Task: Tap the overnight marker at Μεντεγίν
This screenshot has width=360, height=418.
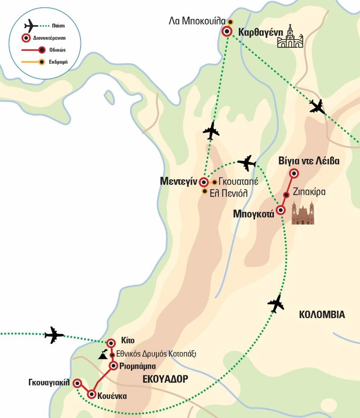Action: pos(204,182)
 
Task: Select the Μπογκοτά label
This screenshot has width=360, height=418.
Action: pos(254,214)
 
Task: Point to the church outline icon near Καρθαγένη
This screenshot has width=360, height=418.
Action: pos(290,37)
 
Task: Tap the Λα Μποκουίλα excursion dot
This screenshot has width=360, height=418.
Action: pos(230,22)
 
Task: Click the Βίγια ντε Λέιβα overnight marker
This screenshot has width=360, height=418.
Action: pos(294,173)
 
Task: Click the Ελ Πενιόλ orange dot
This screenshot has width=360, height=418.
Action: pos(205,191)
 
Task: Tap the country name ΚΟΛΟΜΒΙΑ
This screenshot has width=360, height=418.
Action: pos(322,315)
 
